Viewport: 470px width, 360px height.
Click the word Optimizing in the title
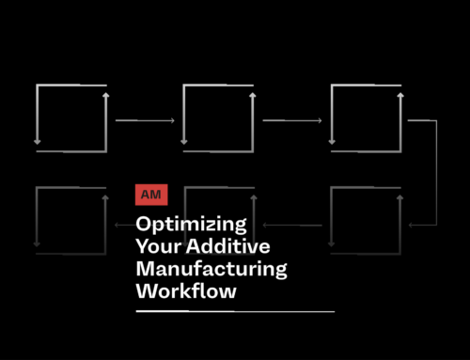point(192,226)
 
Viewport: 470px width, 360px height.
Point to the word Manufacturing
point(211,270)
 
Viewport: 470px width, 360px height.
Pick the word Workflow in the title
point(186,291)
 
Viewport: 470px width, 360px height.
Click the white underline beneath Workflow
point(235,310)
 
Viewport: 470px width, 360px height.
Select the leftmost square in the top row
point(70,117)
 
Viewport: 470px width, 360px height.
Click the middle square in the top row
point(217,117)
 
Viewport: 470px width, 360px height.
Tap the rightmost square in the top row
point(365,117)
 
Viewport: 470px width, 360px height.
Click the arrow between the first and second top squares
point(145,120)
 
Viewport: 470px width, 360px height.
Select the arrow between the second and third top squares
point(292,120)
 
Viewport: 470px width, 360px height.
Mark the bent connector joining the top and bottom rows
point(435,174)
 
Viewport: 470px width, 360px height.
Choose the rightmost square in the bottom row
point(365,219)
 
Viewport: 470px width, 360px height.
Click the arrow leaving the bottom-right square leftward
point(292,226)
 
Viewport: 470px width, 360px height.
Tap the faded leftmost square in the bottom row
point(70,219)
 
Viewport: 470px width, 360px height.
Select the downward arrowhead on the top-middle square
point(184,141)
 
